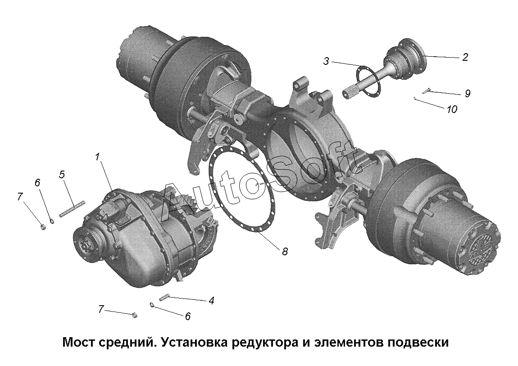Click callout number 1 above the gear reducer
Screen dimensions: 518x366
pos(97,157)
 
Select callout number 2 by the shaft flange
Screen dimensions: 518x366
pos(465,57)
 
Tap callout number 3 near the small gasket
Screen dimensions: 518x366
pos(327,61)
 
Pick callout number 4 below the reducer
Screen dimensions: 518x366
pos(211,300)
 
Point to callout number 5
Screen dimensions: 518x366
pos(62,174)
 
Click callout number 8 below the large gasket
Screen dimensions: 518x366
pos(285,251)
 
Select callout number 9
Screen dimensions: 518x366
pos(468,93)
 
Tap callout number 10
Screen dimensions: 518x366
pos(452,109)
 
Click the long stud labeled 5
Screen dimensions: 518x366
pos(73,208)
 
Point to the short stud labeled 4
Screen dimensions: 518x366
pos(164,298)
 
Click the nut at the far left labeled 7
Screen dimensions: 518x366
pos(43,227)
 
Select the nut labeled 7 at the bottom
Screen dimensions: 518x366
pos(134,315)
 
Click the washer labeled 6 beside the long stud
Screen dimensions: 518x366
pos(52,221)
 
